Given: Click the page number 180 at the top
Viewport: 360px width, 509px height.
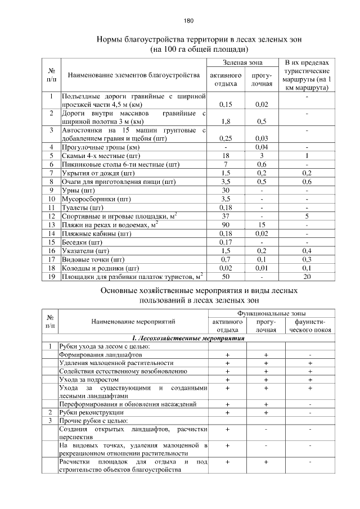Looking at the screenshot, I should [x=188, y=21].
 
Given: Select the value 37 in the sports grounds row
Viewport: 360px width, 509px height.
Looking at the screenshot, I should [x=225, y=216].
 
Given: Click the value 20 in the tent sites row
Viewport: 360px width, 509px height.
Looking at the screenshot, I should [x=307, y=276].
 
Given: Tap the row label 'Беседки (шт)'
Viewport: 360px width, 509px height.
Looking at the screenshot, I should [x=82, y=242].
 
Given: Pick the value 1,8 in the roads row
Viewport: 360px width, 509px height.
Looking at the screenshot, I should [x=225, y=121].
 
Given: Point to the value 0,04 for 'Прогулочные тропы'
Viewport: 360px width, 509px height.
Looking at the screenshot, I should [x=261, y=147].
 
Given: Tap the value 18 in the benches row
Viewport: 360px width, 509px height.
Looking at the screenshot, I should [x=225, y=156].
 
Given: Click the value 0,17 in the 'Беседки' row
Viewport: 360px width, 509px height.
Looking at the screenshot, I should [x=225, y=242].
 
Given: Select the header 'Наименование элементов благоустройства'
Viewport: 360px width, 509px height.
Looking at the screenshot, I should [x=133, y=75].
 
